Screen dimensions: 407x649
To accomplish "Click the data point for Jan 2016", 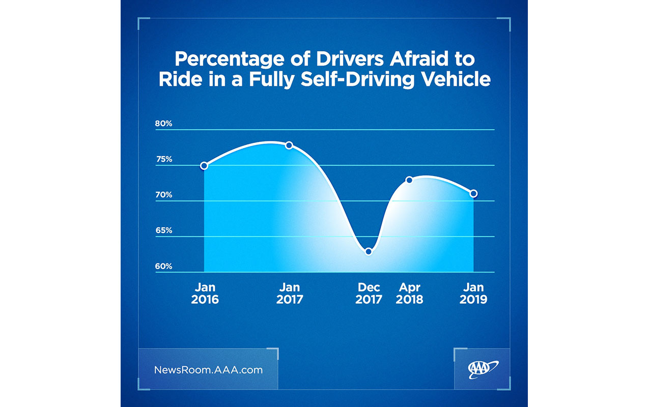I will coord(204,165).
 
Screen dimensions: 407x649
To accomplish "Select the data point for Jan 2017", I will coord(289,145).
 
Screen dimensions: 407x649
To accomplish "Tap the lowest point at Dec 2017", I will coord(369,251).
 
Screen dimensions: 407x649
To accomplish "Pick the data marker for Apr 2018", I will coord(409,180).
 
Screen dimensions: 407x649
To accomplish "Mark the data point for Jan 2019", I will coord(473,193).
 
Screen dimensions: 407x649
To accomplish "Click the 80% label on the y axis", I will coord(164,124).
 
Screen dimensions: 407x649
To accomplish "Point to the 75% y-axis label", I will coord(164,159).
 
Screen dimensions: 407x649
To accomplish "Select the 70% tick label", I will coord(164,195).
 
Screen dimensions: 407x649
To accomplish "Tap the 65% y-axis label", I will coord(164,230).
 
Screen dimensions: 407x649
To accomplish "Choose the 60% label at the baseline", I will coord(164,266).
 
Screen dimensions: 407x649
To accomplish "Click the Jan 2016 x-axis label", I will coord(205,294).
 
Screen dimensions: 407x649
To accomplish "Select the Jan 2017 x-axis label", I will coord(290,294).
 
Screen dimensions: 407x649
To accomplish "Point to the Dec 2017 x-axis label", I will coord(369,294).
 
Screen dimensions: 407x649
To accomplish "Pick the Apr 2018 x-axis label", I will coord(409,294).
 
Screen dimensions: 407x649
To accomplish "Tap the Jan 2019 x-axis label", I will coord(473,294).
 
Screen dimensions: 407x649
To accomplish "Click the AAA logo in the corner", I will coord(483,369).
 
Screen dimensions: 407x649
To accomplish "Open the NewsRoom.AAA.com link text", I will coord(208,370).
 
